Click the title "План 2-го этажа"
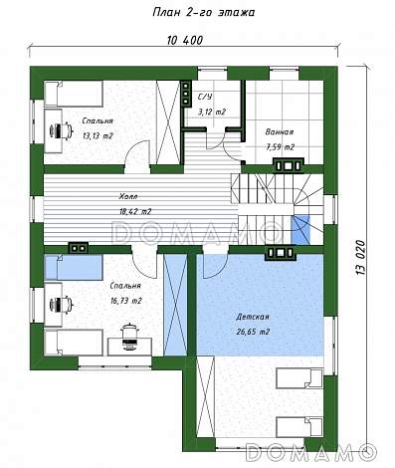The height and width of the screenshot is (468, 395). (x=203, y=13)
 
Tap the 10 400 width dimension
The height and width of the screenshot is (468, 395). (x=185, y=41)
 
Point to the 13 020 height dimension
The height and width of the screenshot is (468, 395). (x=361, y=258)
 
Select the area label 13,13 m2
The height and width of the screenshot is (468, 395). (x=98, y=135)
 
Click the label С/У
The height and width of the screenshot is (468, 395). (x=205, y=97)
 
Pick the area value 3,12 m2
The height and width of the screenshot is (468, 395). (x=212, y=112)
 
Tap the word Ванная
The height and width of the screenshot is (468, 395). (x=280, y=132)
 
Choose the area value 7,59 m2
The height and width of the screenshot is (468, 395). (x=280, y=147)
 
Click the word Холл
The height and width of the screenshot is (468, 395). (x=128, y=197)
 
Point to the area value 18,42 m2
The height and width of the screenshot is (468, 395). (x=135, y=211)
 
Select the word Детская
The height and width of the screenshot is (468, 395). (x=253, y=317)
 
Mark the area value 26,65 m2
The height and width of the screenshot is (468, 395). (x=253, y=332)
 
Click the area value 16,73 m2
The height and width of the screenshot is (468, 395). (x=126, y=301)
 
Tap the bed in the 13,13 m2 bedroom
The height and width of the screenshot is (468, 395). (x=74, y=94)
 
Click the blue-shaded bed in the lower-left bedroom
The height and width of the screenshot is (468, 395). (x=74, y=268)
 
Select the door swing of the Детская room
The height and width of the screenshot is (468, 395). (x=216, y=266)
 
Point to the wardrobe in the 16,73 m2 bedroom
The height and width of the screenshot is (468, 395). (x=175, y=306)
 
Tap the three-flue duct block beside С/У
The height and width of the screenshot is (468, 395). (x=186, y=93)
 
